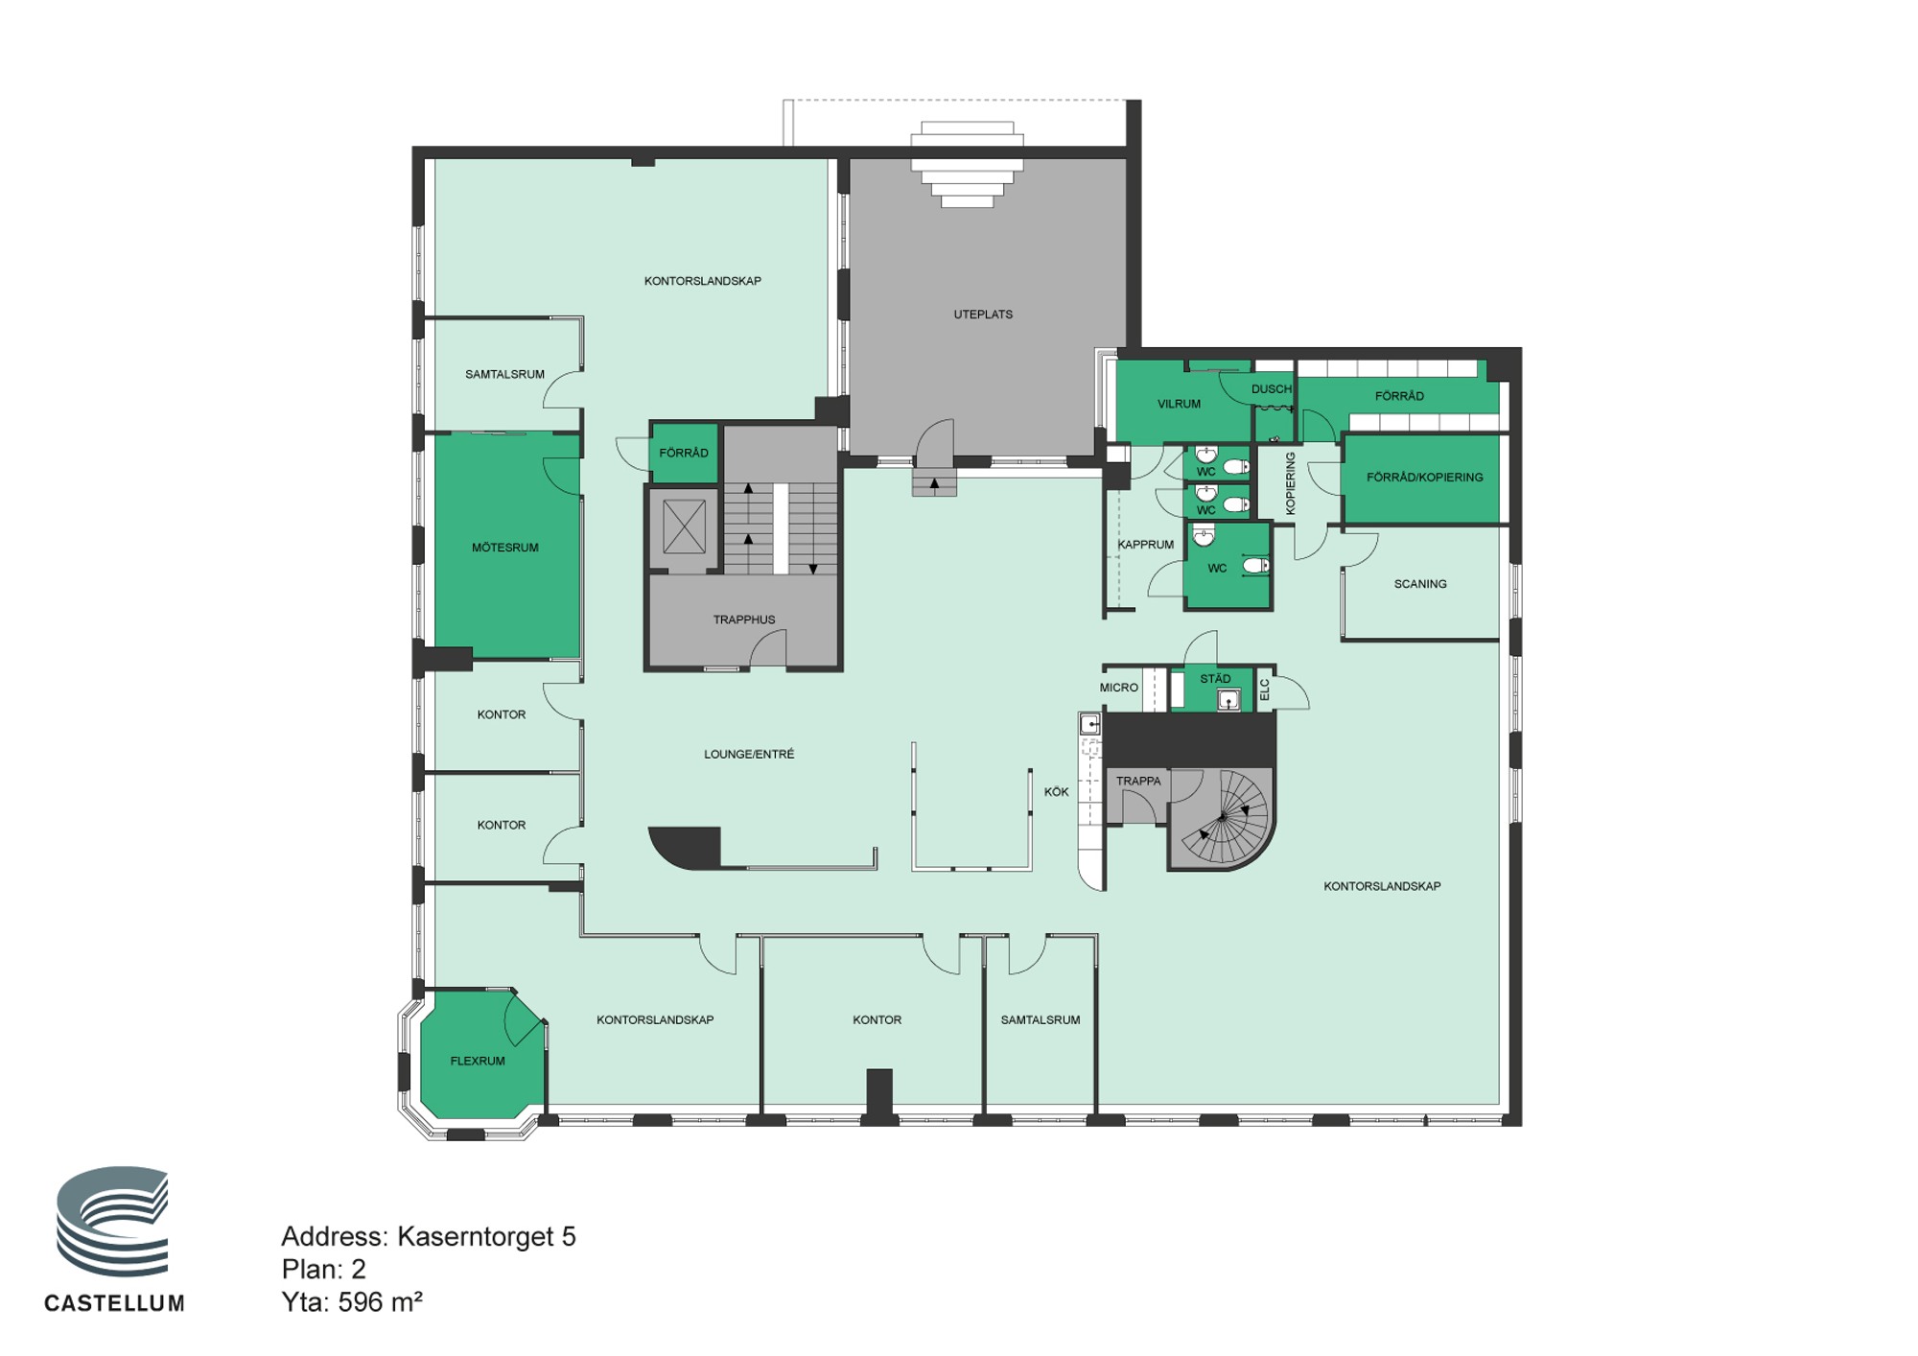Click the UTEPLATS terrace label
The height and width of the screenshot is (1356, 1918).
pos(983,315)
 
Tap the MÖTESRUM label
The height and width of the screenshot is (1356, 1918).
pos(505,548)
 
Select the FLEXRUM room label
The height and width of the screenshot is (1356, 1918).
pos(478,1061)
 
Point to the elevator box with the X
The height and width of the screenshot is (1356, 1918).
pos(684,526)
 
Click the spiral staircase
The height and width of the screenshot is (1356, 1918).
pos(1223,817)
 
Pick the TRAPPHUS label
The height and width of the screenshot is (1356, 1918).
pos(744,620)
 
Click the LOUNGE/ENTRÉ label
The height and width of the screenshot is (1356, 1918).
pos(749,754)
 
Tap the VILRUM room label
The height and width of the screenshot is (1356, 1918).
pos(1179,404)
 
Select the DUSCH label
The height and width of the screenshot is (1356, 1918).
pos(1272,389)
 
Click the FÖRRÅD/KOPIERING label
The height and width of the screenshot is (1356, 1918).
pos(1424,477)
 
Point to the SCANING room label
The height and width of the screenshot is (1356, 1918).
pos(1420,584)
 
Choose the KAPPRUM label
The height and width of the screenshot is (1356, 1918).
pos(1146,545)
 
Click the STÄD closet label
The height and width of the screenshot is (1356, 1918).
pos(1215,679)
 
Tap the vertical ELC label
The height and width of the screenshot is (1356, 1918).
pos(1264,690)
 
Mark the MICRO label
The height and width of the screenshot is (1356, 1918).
pos(1119,688)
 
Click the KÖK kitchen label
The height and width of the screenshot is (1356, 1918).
pos(1056,792)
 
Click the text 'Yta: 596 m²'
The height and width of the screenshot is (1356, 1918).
pos(352,1302)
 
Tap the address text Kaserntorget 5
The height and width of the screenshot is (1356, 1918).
pos(486,1237)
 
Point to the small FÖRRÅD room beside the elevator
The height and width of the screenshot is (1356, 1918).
pos(684,453)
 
